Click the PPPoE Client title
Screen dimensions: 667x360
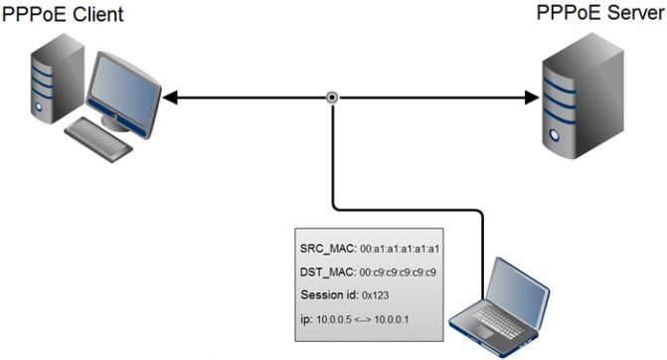[x=63, y=14]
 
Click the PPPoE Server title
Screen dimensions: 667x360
[x=600, y=12]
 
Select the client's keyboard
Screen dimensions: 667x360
[x=98, y=139]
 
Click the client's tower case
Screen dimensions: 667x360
[x=57, y=80]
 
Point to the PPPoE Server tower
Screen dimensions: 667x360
[x=583, y=95]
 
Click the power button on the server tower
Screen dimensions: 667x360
[x=554, y=135]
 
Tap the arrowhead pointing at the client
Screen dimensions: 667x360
[x=169, y=97]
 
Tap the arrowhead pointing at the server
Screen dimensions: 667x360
[x=532, y=97]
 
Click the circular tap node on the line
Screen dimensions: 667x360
[x=332, y=97]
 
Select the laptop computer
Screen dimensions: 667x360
[x=499, y=307]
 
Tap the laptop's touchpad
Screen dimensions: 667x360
[x=483, y=331]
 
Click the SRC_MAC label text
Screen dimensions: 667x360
[x=328, y=249]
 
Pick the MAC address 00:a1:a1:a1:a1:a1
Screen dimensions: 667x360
[x=400, y=249]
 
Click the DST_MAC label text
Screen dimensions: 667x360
[x=328, y=271]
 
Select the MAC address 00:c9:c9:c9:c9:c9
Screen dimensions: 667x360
[x=398, y=272]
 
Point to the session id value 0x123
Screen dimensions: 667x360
[x=375, y=295]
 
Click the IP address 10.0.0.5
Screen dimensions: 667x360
[x=334, y=319]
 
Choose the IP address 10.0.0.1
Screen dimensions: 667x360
[x=392, y=319]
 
